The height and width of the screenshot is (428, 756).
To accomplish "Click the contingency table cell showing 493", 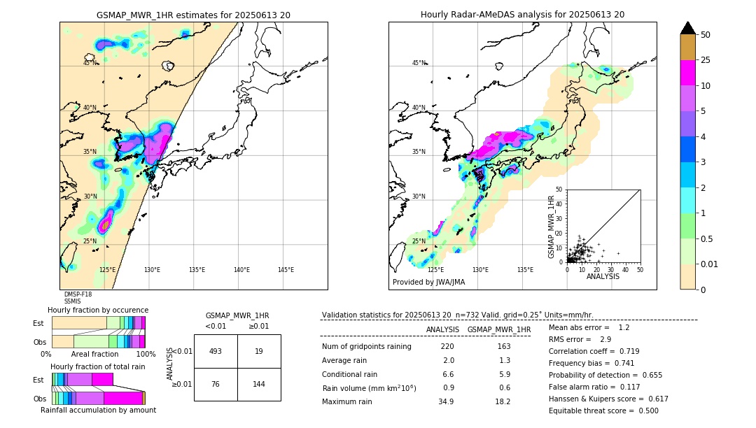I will click(x=216, y=351).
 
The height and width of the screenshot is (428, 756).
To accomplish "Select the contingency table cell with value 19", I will click(x=259, y=351).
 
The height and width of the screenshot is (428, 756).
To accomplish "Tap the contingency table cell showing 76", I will click(x=216, y=384).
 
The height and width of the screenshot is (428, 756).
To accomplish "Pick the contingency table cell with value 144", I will click(x=259, y=384).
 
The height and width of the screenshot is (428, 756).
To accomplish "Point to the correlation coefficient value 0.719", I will click(x=624, y=351).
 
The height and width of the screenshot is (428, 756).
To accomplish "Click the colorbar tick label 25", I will click(x=706, y=60).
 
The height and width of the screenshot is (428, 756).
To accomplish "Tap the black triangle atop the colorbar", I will click(x=687, y=28).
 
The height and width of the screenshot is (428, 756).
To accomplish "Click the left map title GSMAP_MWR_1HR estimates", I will click(x=193, y=15).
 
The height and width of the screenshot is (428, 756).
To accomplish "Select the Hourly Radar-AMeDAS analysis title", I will click(x=522, y=15).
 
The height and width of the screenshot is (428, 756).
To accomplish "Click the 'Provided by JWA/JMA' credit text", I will click(x=428, y=283).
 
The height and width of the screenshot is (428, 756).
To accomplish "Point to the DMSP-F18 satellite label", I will click(x=78, y=294).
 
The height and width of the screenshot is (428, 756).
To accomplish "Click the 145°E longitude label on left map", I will click(x=286, y=270).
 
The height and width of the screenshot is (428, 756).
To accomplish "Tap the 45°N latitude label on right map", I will click(x=419, y=63).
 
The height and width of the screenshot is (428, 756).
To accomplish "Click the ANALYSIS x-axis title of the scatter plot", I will click(x=603, y=276).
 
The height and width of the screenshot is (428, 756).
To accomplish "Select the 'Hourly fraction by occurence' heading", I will click(x=98, y=310).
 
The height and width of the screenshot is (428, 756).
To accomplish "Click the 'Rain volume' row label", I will click(x=369, y=388).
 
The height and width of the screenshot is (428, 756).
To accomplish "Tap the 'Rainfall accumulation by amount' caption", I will click(x=98, y=410).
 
